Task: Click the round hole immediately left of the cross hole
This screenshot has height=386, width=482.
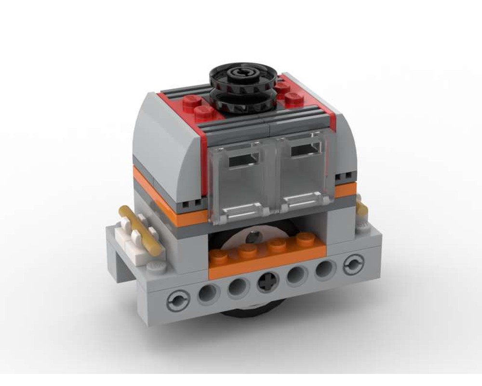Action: click(238, 289)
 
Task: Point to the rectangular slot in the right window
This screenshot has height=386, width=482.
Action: click(307, 151)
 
